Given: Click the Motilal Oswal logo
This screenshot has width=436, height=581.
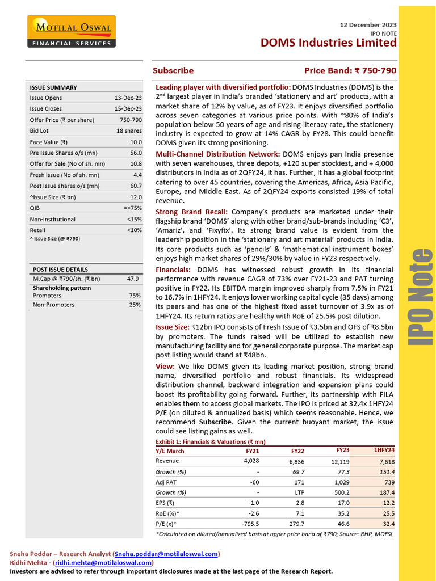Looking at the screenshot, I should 71,32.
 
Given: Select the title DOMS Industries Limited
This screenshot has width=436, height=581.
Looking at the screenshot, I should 328,43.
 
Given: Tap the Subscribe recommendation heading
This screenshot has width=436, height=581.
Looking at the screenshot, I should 173,71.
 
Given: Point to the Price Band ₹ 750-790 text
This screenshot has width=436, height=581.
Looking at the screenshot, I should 350,71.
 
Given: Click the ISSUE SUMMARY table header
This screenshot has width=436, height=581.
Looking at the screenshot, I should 53,87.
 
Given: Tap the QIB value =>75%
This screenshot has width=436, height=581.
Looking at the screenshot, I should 131,208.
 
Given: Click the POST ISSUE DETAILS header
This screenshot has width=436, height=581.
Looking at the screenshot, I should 60,270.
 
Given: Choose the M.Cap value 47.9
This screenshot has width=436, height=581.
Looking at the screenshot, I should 133,279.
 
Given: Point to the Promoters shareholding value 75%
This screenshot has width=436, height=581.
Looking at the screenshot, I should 135,296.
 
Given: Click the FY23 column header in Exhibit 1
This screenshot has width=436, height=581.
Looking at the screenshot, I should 342,450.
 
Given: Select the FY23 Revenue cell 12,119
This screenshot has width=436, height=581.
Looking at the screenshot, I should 338,461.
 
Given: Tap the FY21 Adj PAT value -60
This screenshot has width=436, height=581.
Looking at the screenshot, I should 251,482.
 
